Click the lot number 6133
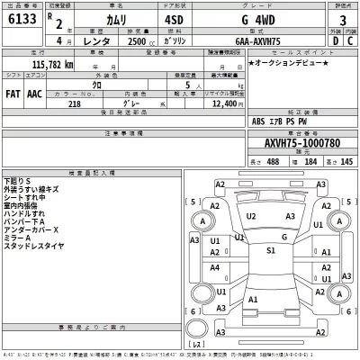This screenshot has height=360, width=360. click(21, 20)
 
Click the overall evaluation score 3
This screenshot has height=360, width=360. click(341, 20)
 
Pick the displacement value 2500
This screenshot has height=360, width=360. click(141, 40)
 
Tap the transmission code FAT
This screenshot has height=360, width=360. click(13, 93)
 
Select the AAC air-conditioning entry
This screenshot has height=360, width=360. click(35, 93)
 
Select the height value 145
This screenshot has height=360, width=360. click(346, 161)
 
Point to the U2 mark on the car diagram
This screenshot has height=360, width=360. click(251, 217)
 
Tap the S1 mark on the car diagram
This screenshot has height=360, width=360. click(270, 251)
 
